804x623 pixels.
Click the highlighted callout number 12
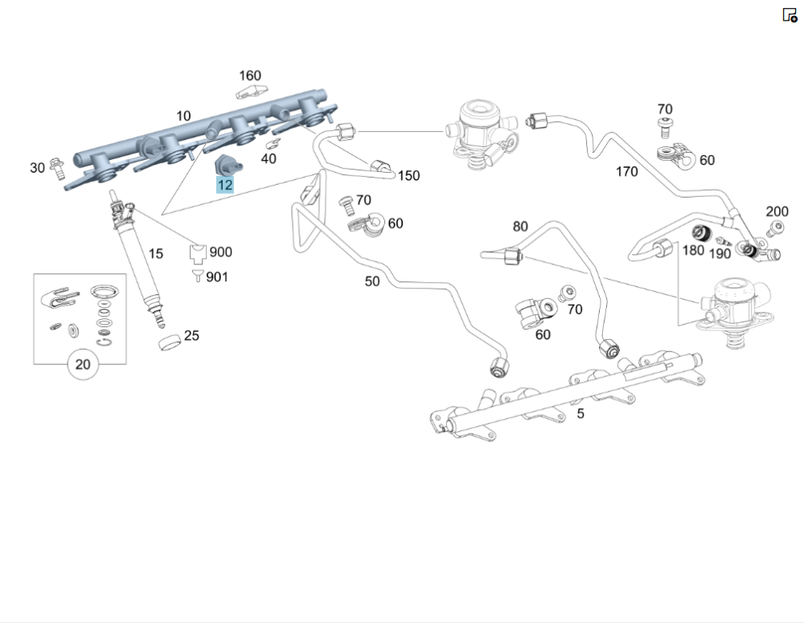(225, 185)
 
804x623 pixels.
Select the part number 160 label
(250, 76)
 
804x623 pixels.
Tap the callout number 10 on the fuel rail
(183, 116)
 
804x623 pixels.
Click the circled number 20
(83, 364)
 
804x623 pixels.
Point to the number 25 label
(191, 336)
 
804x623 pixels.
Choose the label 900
(220, 252)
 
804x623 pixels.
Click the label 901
(217, 277)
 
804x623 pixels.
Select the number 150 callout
(408, 175)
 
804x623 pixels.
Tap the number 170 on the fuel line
(626, 171)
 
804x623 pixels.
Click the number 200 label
(777, 211)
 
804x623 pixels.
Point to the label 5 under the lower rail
(580, 414)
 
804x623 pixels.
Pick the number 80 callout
(520, 226)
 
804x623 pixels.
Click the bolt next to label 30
(56, 166)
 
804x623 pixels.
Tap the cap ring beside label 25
(168, 344)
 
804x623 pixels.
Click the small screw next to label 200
(776, 230)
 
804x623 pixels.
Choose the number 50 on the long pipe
(372, 281)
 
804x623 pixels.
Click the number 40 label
(269, 158)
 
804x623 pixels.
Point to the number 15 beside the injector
(156, 253)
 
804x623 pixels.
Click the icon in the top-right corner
(790, 14)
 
